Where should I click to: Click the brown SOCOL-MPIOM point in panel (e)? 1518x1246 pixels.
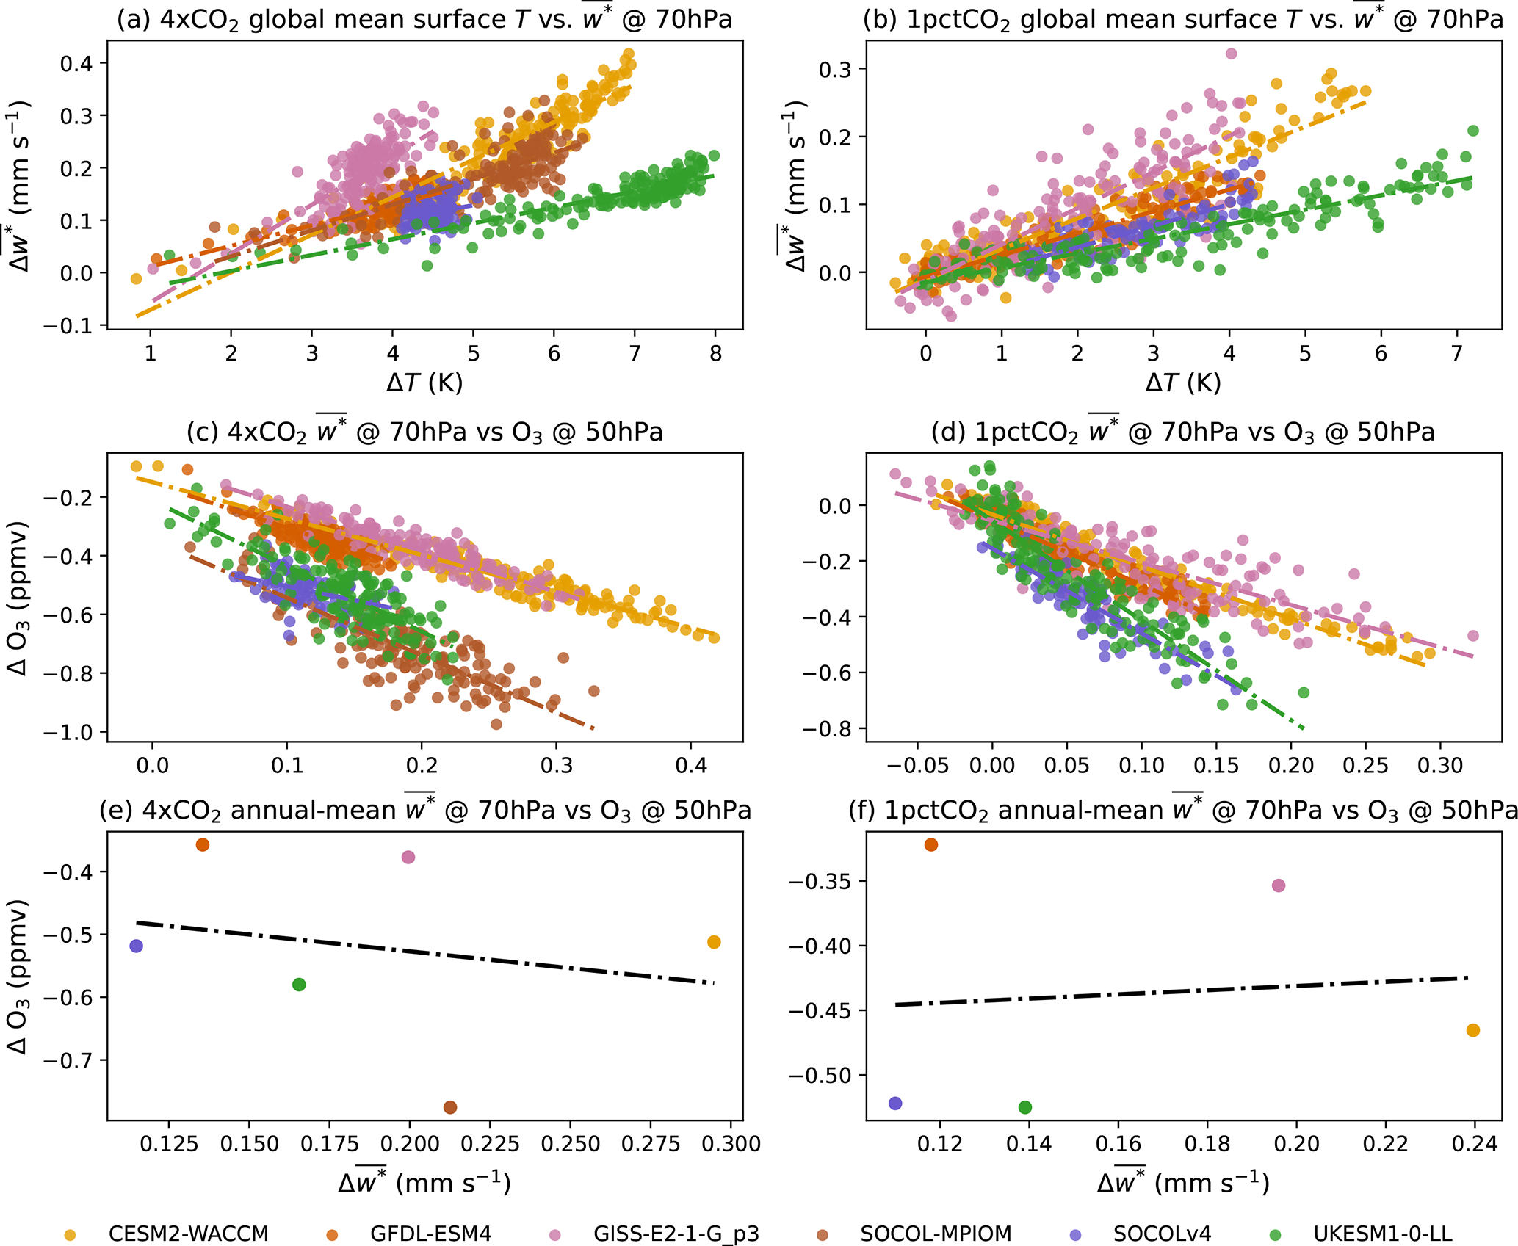coord(450,1107)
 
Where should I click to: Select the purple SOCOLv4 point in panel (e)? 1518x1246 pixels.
coord(136,946)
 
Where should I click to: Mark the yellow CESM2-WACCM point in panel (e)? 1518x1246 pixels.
coord(714,942)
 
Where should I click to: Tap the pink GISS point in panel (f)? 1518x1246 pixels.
coord(1279,885)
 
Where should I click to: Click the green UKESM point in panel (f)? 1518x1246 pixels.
coord(1025,1107)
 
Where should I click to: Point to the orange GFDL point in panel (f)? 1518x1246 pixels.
coord(931,845)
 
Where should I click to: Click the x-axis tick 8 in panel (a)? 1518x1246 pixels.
coord(716,354)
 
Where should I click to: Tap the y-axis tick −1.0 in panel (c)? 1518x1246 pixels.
coord(69,732)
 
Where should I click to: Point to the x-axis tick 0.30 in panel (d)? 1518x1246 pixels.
coord(1440,766)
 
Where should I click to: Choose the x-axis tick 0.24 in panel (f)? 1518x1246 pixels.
coord(1474,1143)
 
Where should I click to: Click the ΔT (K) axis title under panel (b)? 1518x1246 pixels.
coord(1182,383)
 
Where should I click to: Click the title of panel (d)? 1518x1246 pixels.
coord(1182,432)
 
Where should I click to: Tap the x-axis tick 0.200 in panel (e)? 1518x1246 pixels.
coord(410,1143)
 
